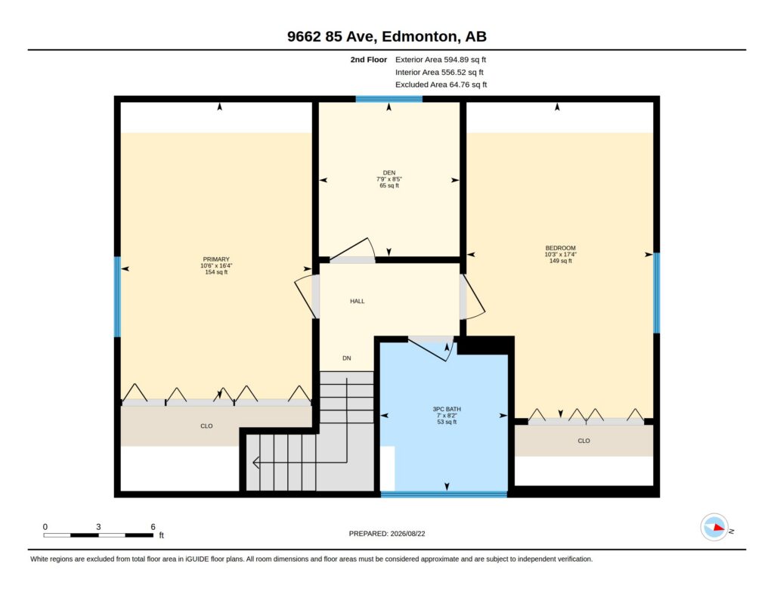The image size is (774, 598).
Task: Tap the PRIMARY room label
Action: [x=216, y=259]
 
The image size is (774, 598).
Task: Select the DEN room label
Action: [x=389, y=173]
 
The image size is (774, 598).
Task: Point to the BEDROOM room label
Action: [x=560, y=248]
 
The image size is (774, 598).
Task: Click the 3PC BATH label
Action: [x=447, y=409]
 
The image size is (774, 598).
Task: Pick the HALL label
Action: [x=358, y=301]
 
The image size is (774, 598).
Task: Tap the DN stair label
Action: [x=346, y=358]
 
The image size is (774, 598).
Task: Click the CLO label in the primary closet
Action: [x=206, y=426]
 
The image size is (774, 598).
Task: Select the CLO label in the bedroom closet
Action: [x=584, y=441]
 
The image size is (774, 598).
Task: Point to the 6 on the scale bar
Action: [x=153, y=527]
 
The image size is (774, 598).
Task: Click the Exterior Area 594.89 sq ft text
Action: [x=441, y=60]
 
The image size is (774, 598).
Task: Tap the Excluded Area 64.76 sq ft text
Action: [x=441, y=85]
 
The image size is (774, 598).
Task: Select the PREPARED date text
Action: [x=387, y=533]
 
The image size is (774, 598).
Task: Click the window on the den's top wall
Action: [x=389, y=99]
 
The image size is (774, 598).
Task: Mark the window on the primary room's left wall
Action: [x=117, y=297]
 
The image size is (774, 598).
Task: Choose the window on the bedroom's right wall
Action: [x=657, y=293]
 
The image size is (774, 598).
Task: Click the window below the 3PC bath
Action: [x=444, y=494]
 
